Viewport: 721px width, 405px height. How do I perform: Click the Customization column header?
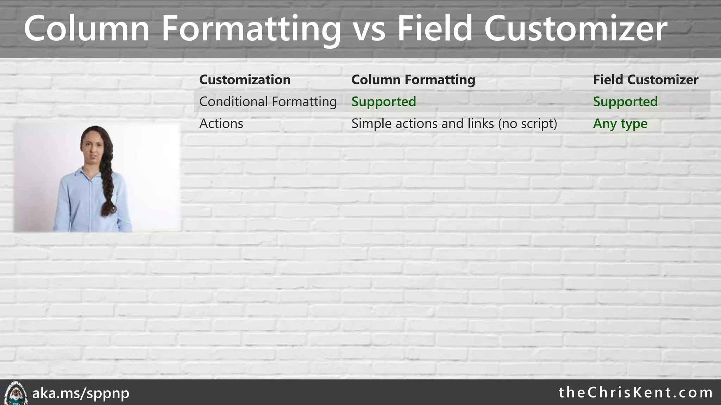tap(245, 80)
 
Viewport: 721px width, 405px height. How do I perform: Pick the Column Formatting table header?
tap(413, 80)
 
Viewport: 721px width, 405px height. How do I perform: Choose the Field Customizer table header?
tap(645, 80)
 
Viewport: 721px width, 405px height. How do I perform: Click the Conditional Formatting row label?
tap(268, 102)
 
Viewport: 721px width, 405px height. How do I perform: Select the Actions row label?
tap(221, 124)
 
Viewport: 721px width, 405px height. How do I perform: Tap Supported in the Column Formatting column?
tap(383, 102)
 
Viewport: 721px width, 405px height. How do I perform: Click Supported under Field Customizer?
tap(625, 102)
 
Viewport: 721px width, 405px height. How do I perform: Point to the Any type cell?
tap(620, 124)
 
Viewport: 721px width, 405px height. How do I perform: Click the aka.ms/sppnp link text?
tap(81, 393)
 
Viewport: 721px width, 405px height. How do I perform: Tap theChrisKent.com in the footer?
tap(635, 393)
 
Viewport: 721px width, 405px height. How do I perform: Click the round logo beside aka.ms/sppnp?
tap(15, 393)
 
